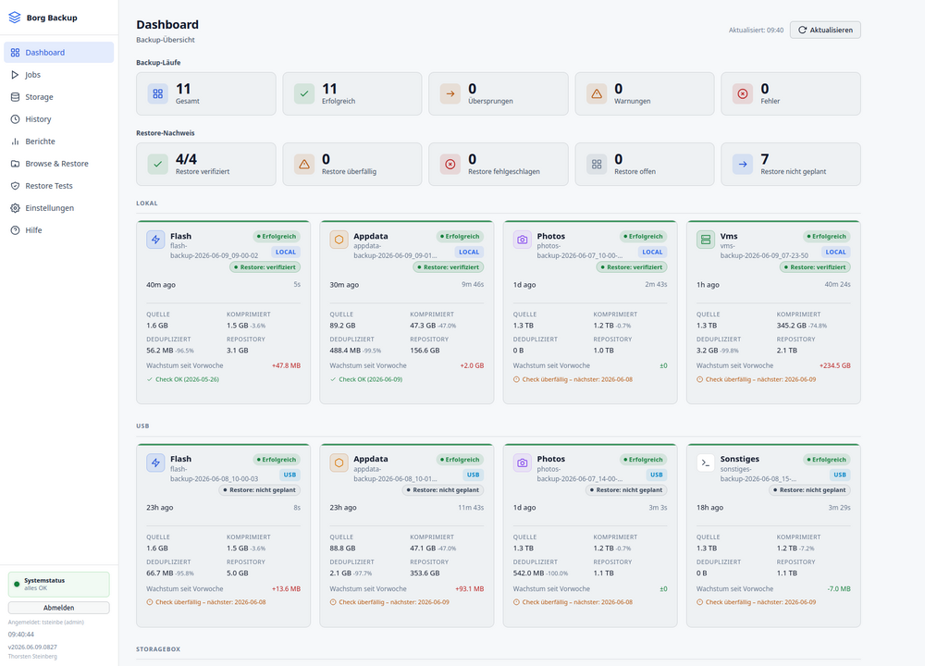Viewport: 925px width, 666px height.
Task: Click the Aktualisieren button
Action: point(825,31)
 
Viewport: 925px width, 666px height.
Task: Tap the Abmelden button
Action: point(58,608)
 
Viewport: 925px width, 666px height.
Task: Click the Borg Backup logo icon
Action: point(15,18)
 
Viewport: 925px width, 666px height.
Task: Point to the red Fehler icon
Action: point(743,93)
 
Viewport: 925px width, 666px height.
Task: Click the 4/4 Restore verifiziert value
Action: point(187,159)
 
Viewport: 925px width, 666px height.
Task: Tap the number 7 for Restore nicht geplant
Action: point(765,159)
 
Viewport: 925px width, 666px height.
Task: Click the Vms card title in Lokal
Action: point(729,236)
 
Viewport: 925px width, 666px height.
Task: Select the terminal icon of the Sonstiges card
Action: point(706,463)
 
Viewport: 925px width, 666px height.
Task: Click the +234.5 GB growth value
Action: point(834,365)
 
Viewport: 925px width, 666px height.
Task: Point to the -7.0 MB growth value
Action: point(838,588)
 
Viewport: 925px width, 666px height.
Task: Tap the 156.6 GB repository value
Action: point(425,351)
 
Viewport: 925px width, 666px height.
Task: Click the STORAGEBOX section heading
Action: point(158,649)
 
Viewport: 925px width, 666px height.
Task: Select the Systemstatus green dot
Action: point(17,584)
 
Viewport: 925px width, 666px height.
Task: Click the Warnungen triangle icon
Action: point(597,93)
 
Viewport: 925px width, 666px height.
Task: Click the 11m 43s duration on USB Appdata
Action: point(471,507)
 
